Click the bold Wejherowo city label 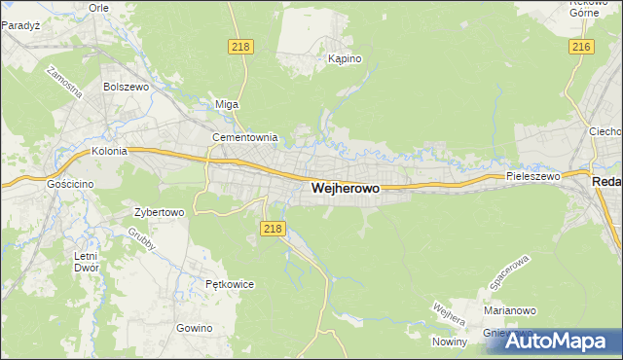[345, 191]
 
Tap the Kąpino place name [345, 58]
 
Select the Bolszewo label [124, 86]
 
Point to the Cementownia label [245, 137]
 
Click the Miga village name [226, 104]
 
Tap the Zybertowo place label [159, 211]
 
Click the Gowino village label [195, 328]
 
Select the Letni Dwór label [87, 263]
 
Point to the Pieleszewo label [532, 176]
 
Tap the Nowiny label [451, 342]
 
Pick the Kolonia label [110, 152]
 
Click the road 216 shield [582, 47]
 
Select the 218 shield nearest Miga [240, 47]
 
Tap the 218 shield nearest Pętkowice [273, 228]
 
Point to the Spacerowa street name [506, 277]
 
